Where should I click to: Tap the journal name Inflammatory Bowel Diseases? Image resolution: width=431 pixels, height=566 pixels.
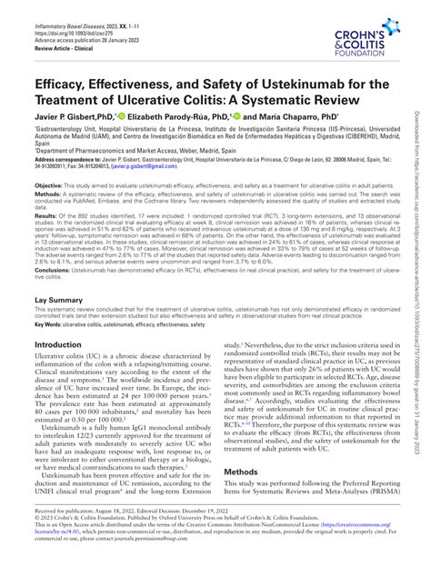click(78, 8)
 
